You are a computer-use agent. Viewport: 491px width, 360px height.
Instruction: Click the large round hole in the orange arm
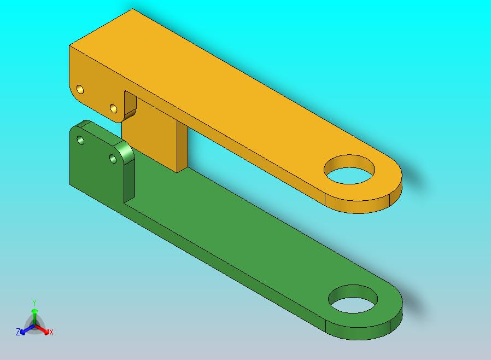[349, 170]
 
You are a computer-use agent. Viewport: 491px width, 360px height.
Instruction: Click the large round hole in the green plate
[353, 299]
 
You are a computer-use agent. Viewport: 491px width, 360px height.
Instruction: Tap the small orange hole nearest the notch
[114, 109]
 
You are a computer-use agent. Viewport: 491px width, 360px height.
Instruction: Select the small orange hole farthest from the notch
[80, 89]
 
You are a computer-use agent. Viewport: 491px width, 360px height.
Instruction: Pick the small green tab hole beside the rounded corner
[113, 159]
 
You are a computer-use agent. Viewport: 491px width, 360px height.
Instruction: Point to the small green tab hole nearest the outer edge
[80, 140]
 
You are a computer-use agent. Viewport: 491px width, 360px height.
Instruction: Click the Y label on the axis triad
[34, 303]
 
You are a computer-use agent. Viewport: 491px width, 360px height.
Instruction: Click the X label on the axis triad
[51, 332]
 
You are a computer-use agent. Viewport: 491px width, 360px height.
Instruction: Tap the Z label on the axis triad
[18, 332]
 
